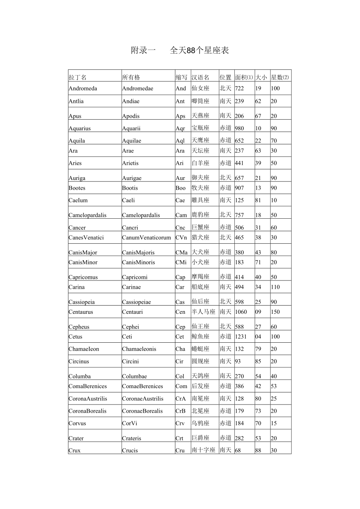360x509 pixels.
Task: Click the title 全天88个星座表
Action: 199,50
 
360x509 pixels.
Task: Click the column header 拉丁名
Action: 77,77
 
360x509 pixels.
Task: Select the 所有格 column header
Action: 131,77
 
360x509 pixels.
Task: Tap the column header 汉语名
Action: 200,77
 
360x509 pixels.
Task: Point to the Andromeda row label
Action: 83,88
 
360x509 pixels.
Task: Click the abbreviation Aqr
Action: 180,128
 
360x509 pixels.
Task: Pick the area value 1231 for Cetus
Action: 241,336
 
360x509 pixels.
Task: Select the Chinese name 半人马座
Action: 203,312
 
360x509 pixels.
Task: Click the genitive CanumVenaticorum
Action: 146,237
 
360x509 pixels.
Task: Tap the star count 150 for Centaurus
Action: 275,312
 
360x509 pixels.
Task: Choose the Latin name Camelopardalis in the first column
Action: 87,215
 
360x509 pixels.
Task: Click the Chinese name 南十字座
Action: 203,450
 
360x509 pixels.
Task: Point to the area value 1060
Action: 241,312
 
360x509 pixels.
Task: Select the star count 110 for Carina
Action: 275,287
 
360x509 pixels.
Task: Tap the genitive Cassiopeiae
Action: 136,302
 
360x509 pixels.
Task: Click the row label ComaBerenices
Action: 88,386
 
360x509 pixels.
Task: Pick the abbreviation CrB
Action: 180,411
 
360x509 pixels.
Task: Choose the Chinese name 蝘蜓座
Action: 200,349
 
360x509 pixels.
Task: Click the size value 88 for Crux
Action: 258,450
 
